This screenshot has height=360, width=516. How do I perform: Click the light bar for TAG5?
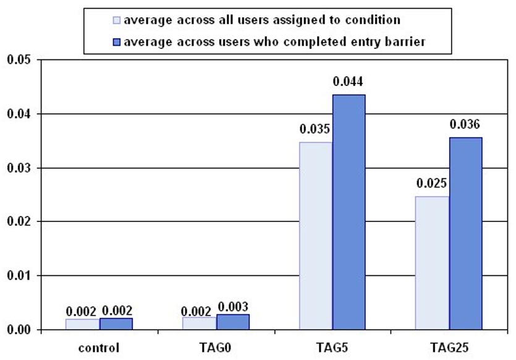coord(316,236)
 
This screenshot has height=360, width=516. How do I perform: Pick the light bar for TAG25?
coord(433,262)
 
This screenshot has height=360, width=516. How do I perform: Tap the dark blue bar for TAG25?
coord(466,233)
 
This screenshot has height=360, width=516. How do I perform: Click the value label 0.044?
coord(349,82)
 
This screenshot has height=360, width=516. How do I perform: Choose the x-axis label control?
coord(99,348)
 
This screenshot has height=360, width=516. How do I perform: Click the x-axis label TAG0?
coord(216,348)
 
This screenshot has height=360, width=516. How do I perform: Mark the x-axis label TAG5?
coord(332,348)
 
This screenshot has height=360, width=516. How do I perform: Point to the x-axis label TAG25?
coord(449,348)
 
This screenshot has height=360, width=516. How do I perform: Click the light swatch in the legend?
coord(117,20)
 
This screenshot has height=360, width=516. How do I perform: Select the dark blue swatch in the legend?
coord(117,41)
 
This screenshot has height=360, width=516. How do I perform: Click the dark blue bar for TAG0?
coord(233,322)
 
